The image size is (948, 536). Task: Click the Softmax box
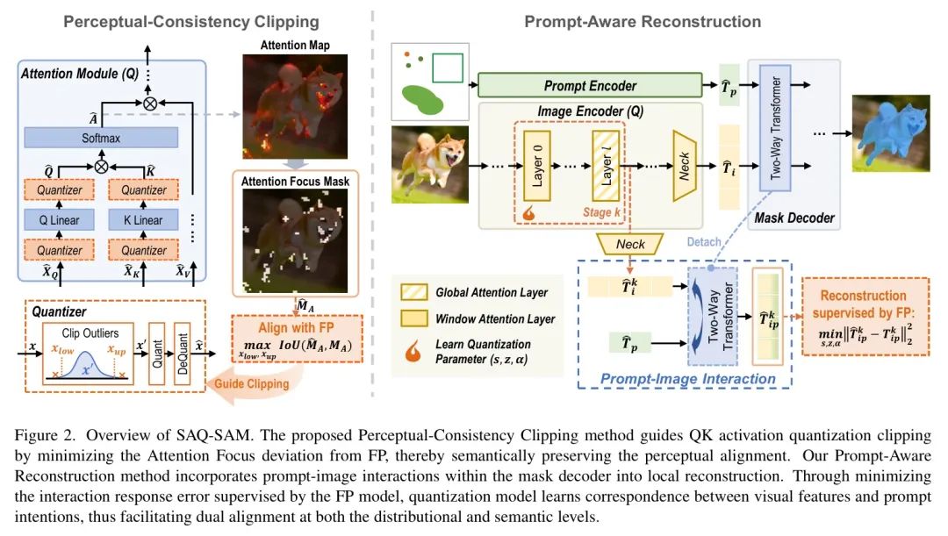[x=101, y=138]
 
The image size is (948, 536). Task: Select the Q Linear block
[x=60, y=220]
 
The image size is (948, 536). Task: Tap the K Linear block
[x=143, y=220]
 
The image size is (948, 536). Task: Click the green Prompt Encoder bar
[x=590, y=85]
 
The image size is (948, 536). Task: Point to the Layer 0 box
[x=537, y=166]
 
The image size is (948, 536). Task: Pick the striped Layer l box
[x=606, y=166]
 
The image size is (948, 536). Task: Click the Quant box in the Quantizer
[x=156, y=354]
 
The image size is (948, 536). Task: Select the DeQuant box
[x=182, y=354]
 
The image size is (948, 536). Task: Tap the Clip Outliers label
[x=90, y=333]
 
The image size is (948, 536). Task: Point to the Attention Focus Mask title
[x=295, y=182]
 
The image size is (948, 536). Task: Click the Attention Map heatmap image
[x=295, y=106]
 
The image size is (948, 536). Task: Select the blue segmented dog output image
[x=891, y=133]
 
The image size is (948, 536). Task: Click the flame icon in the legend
[x=413, y=351]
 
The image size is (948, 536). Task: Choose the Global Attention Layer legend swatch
[x=414, y=292]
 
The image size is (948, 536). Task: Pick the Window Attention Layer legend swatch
[x=414, y=318]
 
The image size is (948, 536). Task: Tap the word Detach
[x=704, y=242]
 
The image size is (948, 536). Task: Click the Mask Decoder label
[x=794, y=218]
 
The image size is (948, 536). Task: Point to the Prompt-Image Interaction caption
[x=687, y=379]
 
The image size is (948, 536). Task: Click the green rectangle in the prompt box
[x=448, y=68]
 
